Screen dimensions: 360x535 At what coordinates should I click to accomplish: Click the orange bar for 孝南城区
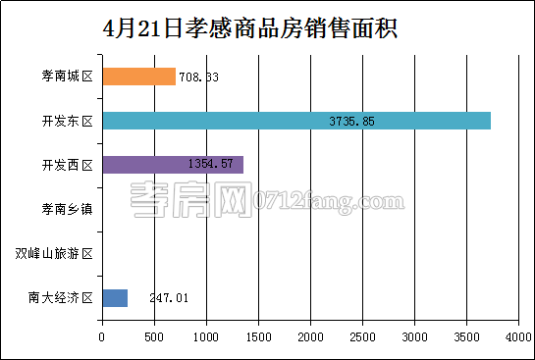pos(138,77)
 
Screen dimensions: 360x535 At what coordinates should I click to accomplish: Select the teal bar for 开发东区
pos(295,121)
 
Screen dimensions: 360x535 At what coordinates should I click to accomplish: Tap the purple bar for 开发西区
pos(172,165)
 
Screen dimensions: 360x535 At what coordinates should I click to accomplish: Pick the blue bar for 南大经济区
pos(115,298)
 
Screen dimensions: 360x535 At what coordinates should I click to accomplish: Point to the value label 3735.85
pos(354,122)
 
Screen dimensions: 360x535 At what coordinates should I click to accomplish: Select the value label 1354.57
pos(208,164)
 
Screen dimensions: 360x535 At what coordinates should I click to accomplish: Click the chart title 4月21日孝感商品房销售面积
pos(249,26)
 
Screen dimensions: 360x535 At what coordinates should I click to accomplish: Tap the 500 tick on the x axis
pos(154,337)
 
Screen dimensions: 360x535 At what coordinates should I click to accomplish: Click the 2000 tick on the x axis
pos(310,337)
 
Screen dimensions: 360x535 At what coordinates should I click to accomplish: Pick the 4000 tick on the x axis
pos(517,337)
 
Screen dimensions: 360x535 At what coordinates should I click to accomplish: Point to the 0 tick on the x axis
pos(102,337)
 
